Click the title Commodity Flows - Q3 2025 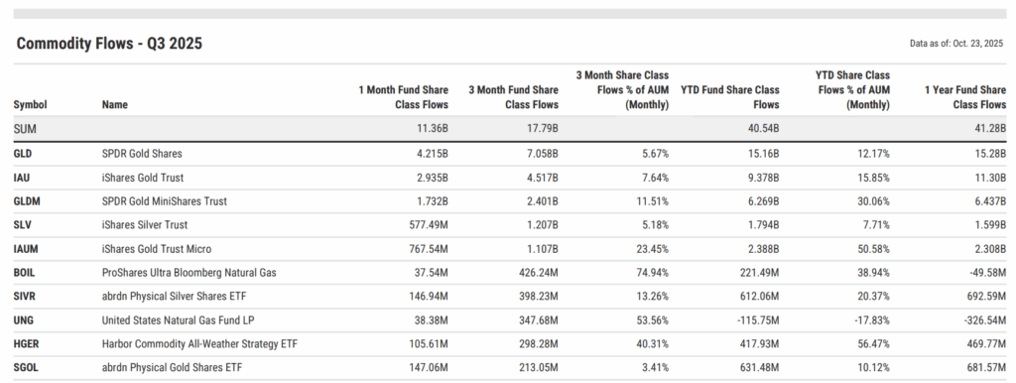tap(109, 44)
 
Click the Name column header tap(115, 104)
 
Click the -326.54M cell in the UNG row tap(978, 320)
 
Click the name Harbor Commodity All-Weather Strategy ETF tap(200, 344)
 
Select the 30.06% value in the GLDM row tap(869, 201)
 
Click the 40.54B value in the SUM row tap(760, 129)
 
